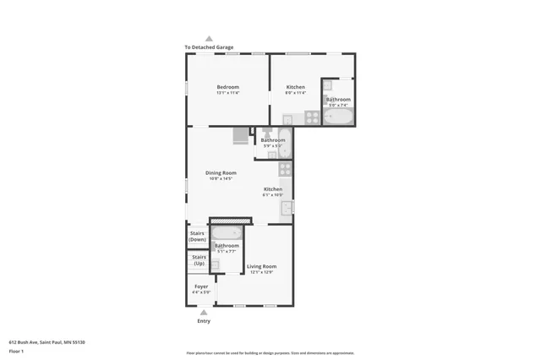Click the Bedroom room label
[x=227, y=87]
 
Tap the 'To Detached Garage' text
[x=209, y=47]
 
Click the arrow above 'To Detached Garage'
[x=209, y=39]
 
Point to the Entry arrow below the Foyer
[x=203, y=312]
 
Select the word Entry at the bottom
[x=203, y=321]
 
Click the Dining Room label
[x=221, y=172]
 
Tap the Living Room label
[x=261, y=266]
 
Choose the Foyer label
[x=201, y=286]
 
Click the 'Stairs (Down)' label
[x=197, y=237]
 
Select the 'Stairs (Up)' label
[x=199, y=260]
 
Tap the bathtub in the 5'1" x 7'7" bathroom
[x=226, y=233]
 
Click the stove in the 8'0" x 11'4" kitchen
[x=312, y=117]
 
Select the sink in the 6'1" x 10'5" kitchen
[x=287, y=206]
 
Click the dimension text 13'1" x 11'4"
[x=227, y=93]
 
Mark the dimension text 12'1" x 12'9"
[x=261, y=272]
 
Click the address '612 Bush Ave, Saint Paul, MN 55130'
[x=47, y=341]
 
